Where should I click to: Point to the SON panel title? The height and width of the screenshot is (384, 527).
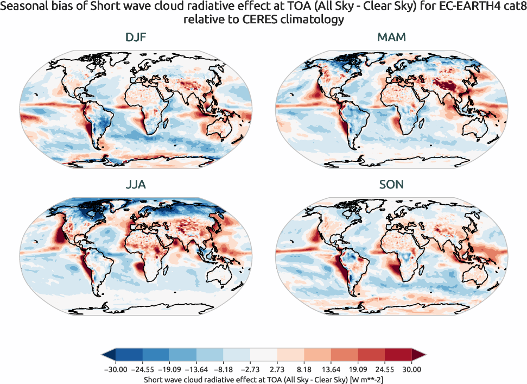391,185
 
